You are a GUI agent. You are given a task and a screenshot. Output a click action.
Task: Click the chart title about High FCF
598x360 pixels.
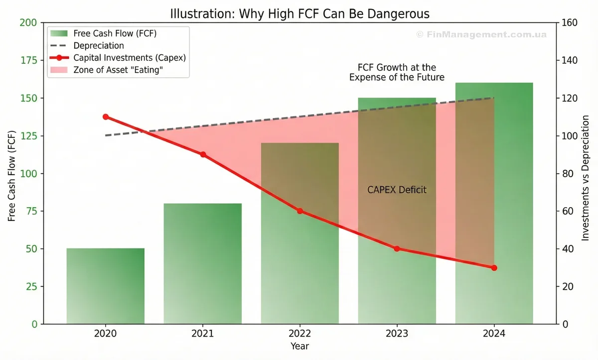(299, 13)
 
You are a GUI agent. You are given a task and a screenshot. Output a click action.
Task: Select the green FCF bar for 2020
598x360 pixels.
(106, 286)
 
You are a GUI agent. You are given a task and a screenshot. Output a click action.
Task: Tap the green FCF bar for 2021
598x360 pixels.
(203, 263)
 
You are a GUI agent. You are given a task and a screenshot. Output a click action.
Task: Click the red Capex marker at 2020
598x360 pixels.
(106, 117)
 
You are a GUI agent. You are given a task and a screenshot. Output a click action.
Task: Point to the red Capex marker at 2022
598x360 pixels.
(300, 211)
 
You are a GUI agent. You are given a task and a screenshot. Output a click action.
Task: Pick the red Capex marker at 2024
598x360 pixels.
(494, 268)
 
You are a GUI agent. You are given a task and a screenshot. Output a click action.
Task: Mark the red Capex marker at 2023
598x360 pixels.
(397, 248)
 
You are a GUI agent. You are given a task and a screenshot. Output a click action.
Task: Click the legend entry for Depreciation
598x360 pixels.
(98, 46)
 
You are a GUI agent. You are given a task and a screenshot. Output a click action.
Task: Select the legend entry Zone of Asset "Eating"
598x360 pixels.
(118, 70)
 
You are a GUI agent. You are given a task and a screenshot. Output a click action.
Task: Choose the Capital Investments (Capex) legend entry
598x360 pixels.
(129, 58)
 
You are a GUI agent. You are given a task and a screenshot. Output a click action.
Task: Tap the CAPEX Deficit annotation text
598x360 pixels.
(397, 190)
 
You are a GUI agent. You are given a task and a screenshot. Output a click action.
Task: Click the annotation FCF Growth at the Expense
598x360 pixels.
(397, 72)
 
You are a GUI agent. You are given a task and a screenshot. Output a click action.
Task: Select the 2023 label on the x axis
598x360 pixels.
(397, 333)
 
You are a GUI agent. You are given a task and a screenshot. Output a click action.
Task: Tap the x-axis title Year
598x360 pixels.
(299, 346)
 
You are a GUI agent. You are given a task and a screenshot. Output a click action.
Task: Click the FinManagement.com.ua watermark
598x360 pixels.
(481, 34)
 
